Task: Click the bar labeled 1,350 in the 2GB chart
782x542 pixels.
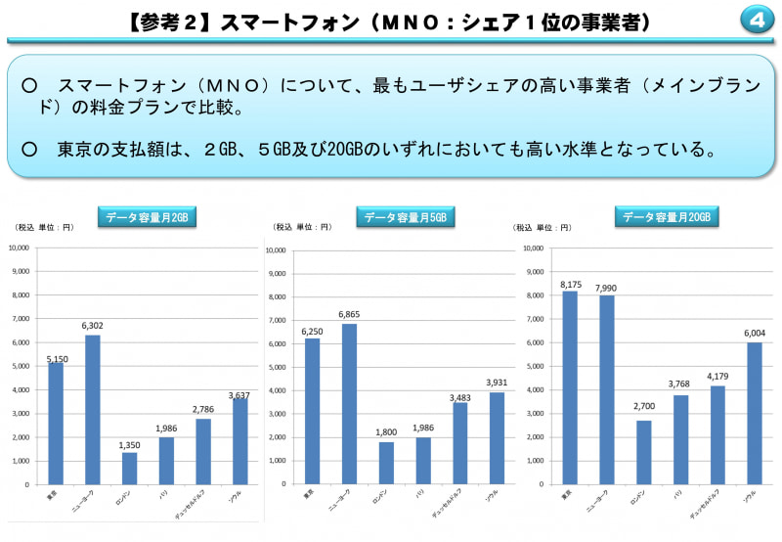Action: (129, 468)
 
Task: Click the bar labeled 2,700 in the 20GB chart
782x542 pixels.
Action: (645, 452)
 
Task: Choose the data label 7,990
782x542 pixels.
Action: (607, 289)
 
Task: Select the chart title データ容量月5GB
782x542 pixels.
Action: (405, 218)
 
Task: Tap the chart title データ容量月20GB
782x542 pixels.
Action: (669, 217)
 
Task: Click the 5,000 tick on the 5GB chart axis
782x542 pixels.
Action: (277, 367)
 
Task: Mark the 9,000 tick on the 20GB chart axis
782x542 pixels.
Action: (533, 272)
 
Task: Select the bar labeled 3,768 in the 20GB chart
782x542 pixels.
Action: (681, 439)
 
